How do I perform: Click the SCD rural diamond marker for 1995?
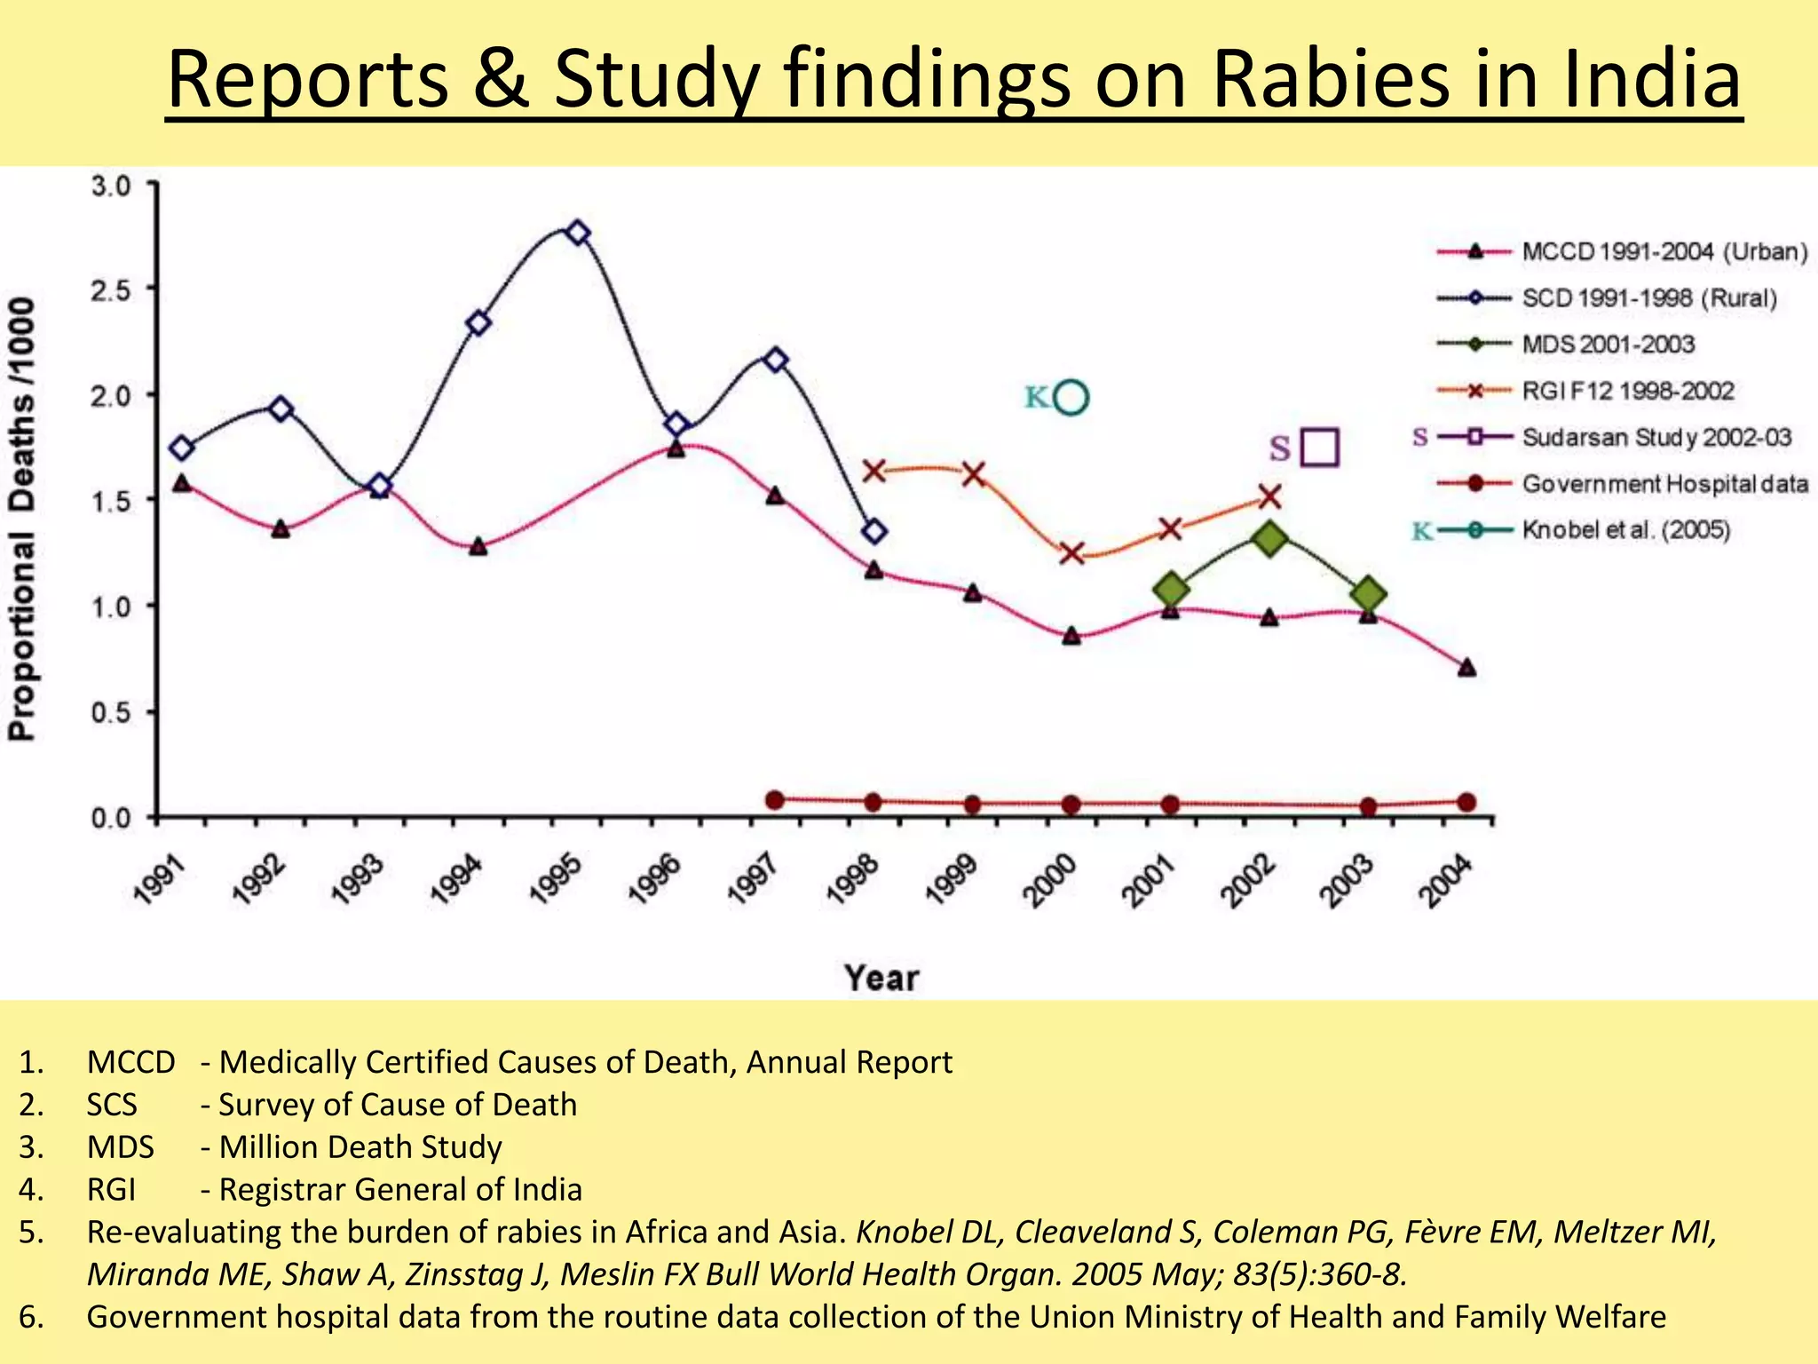click(577, 233)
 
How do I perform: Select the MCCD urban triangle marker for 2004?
click(1466, 667)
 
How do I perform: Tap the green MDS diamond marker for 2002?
click(1269, 538)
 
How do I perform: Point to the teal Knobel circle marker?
click(1072, 398)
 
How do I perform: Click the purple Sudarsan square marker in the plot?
click(1319, 448)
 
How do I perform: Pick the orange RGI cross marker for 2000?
click(1072, 553)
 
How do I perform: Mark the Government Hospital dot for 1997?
click(775, 799)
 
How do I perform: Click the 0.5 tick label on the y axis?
click(111, 712)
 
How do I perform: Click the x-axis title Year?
click(881, 978)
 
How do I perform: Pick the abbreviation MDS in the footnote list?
click(120, 1146)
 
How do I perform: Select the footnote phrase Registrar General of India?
click(400, 1189)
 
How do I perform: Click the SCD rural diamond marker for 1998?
click(874, 532)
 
